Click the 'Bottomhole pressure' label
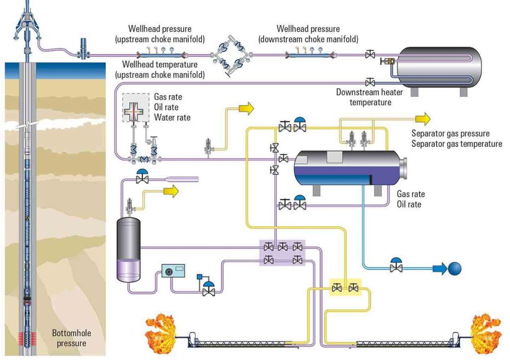pyautogui.click(x=72, y=338)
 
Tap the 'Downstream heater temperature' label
pyautogui.click(x=370, y=97)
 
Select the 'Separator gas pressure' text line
pyautogui.click(x=450, y=133)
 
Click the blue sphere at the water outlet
pyautogui.click(x=455, y=268)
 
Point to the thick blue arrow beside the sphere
pyautogui.click(x=440, y=268)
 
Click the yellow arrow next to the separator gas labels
pyautogui.click(x=423, y=119)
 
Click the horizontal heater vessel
pyautogui.click(x=439, y=68)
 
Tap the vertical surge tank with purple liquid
pyautogui.click(x=129, y=249)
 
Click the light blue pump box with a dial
pyautogui.click(x=173, y=270)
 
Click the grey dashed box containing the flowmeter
pyautogui.click(x=135, y=108)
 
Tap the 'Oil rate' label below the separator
pyautogui.click(x=409, y=204)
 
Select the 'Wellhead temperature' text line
pyautogui.click(x=160, y=64)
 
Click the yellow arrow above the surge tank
pyautogui.click(x=171, y=191)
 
